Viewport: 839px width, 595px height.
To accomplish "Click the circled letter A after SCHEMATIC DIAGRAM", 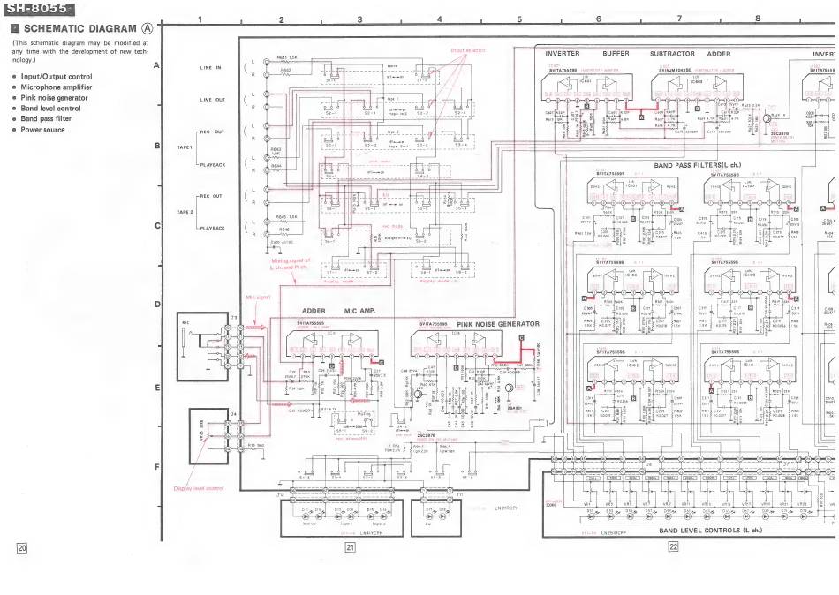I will (x=147, y=29).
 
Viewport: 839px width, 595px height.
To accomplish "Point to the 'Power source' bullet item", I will (x=43, y=130).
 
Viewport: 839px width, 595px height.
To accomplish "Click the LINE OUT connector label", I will (x=213, y=100).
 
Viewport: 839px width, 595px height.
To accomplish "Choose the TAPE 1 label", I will (x=185, y=147).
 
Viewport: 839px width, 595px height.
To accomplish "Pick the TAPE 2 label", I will (x=185, y=212).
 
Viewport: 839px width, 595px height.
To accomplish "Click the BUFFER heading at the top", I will (x=616, y=54).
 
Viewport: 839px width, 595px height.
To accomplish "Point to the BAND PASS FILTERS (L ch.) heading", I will (x=697, y=165).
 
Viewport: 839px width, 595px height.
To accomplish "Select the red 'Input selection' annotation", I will (x=468, y=51).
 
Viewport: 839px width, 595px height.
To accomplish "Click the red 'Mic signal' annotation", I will (x=257, y=297).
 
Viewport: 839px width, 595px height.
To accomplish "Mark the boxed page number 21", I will (x=350, y=548).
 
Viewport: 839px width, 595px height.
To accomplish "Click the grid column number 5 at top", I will (x=518, y=19).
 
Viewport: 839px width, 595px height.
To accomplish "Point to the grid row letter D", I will (x=156, y=305).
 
